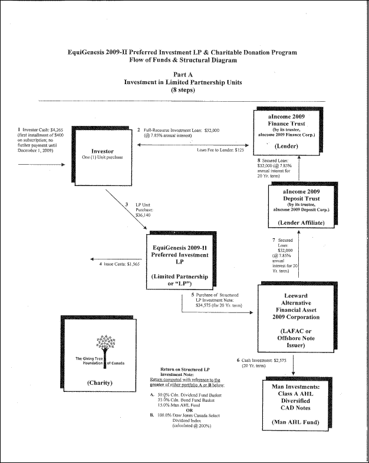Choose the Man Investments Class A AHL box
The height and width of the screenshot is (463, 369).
[x=294, y=401]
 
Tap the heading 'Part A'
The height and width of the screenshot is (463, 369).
[x=184, y=74]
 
